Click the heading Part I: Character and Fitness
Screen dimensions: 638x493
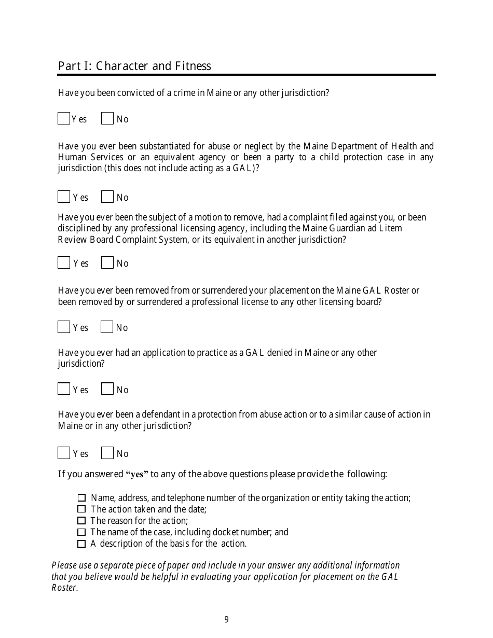134,66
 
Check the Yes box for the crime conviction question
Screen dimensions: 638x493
64,119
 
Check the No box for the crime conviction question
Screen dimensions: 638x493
107,119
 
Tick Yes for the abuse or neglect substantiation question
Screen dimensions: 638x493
64,197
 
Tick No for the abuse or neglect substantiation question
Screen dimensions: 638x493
107,197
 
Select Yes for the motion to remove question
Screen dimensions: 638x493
64,263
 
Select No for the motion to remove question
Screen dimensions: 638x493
107,263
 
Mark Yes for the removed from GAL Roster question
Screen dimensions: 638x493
64,327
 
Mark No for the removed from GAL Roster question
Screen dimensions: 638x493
107,327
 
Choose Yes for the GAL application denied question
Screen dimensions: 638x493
64,389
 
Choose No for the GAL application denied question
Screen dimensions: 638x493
107,389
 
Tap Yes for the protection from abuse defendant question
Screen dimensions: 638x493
64,453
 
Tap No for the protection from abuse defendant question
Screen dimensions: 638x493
107,453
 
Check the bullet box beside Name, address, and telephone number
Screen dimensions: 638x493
81,498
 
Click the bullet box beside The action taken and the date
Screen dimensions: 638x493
81,509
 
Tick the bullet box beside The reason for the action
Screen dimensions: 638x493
81,521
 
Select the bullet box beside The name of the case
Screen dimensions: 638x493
81,532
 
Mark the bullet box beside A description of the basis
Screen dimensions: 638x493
81,544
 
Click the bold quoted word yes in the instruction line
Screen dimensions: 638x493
138,475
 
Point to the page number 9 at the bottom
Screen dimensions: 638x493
226,619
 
